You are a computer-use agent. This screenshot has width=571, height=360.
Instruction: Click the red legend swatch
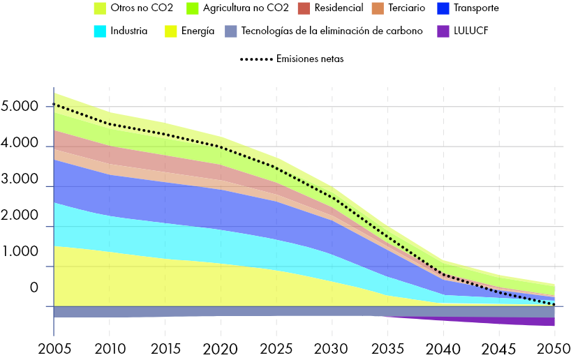(x=304, y=8)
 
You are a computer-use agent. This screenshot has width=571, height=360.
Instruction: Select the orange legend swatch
(x=378, y=8)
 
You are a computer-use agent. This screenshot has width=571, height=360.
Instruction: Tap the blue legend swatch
(x=443, y=8)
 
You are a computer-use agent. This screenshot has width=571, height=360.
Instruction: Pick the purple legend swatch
(x=443, y=31)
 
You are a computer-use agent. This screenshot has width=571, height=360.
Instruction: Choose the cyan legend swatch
(x=100, y=31)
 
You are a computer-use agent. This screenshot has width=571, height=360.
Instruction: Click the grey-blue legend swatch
(x=231, y=31)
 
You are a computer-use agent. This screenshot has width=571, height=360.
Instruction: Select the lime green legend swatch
(x=193, y=8)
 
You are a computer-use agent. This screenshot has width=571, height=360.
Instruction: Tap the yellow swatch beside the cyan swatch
(x=171, y=31)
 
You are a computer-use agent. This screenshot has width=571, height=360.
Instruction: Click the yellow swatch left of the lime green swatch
(x=100, y=8)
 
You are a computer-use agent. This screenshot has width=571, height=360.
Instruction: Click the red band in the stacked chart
(x=140, y=157)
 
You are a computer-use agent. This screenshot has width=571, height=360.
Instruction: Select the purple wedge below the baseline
(x=531, y=322)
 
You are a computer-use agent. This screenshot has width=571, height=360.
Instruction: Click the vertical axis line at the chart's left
(x=54, y=209)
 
